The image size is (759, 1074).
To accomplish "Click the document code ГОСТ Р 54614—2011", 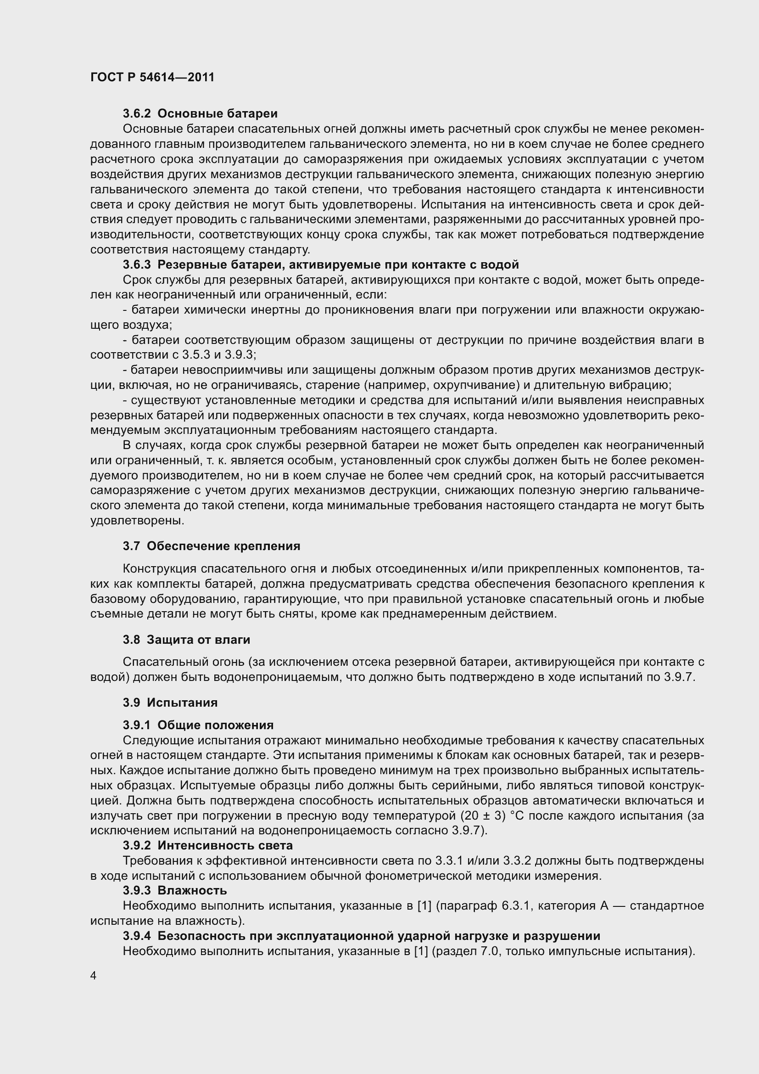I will click(152, 77).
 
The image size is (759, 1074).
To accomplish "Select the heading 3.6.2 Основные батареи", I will click(200, 114).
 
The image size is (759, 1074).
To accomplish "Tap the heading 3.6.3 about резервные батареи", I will click(321, 265).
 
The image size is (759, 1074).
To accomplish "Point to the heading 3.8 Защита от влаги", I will click(187, 640).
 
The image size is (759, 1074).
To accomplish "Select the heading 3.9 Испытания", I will click(171, 702).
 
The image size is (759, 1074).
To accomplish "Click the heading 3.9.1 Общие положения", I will click(198, 725).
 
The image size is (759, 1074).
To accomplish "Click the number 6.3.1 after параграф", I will click(515, 905).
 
